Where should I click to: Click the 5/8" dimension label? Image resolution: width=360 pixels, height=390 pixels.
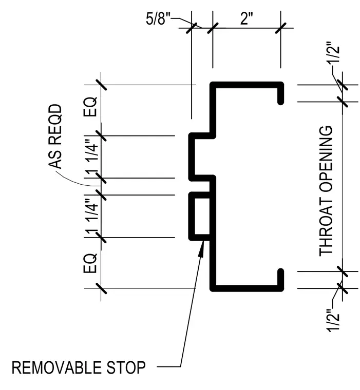click(158, 18)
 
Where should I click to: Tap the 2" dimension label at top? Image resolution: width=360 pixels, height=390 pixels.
click(247, 18)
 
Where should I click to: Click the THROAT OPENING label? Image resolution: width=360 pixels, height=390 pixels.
click(326, 191)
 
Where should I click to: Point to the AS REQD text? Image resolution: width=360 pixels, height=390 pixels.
click(55, 136)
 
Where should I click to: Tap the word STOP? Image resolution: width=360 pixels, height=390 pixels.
click(126, 367)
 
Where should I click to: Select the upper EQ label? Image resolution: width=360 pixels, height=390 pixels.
click(90, 107)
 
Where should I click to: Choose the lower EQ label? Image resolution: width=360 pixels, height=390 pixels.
click(90, 263)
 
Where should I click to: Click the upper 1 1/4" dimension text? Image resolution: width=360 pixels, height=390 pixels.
click(91, 157)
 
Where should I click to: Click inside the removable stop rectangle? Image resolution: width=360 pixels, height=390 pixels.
click(202, 216)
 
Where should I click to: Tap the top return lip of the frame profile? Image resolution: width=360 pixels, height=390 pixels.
click(280, 93)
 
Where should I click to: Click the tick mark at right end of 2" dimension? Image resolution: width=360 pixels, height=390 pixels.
click(281, 28)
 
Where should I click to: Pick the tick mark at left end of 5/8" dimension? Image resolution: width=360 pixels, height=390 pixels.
click(192, 28)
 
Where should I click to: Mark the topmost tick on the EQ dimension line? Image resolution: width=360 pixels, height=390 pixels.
click(101, 85)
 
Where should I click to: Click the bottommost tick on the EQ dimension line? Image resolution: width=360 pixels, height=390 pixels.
click(101, 288)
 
